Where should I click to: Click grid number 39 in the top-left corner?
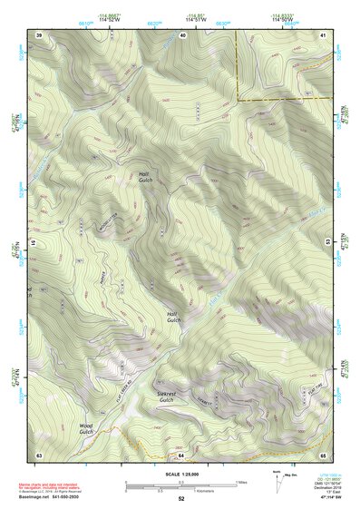(x=39, y=34)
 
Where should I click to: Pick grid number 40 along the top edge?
(x=183, y=34)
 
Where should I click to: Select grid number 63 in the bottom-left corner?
(x=39, y=454)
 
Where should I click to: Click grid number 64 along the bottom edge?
(x=181, y=454)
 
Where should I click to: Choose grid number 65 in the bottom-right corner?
(x=324, y=454)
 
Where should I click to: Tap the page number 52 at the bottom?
(x=181, y=499)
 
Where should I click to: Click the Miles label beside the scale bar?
(x=243, y=481)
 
